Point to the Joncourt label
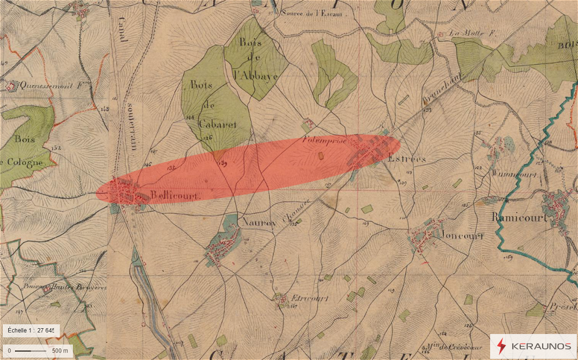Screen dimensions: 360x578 click(461, 235)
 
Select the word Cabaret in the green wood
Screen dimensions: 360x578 click(215, 123)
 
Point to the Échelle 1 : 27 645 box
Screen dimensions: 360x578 click(31, 330)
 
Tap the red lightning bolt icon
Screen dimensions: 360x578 click(501, 347)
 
